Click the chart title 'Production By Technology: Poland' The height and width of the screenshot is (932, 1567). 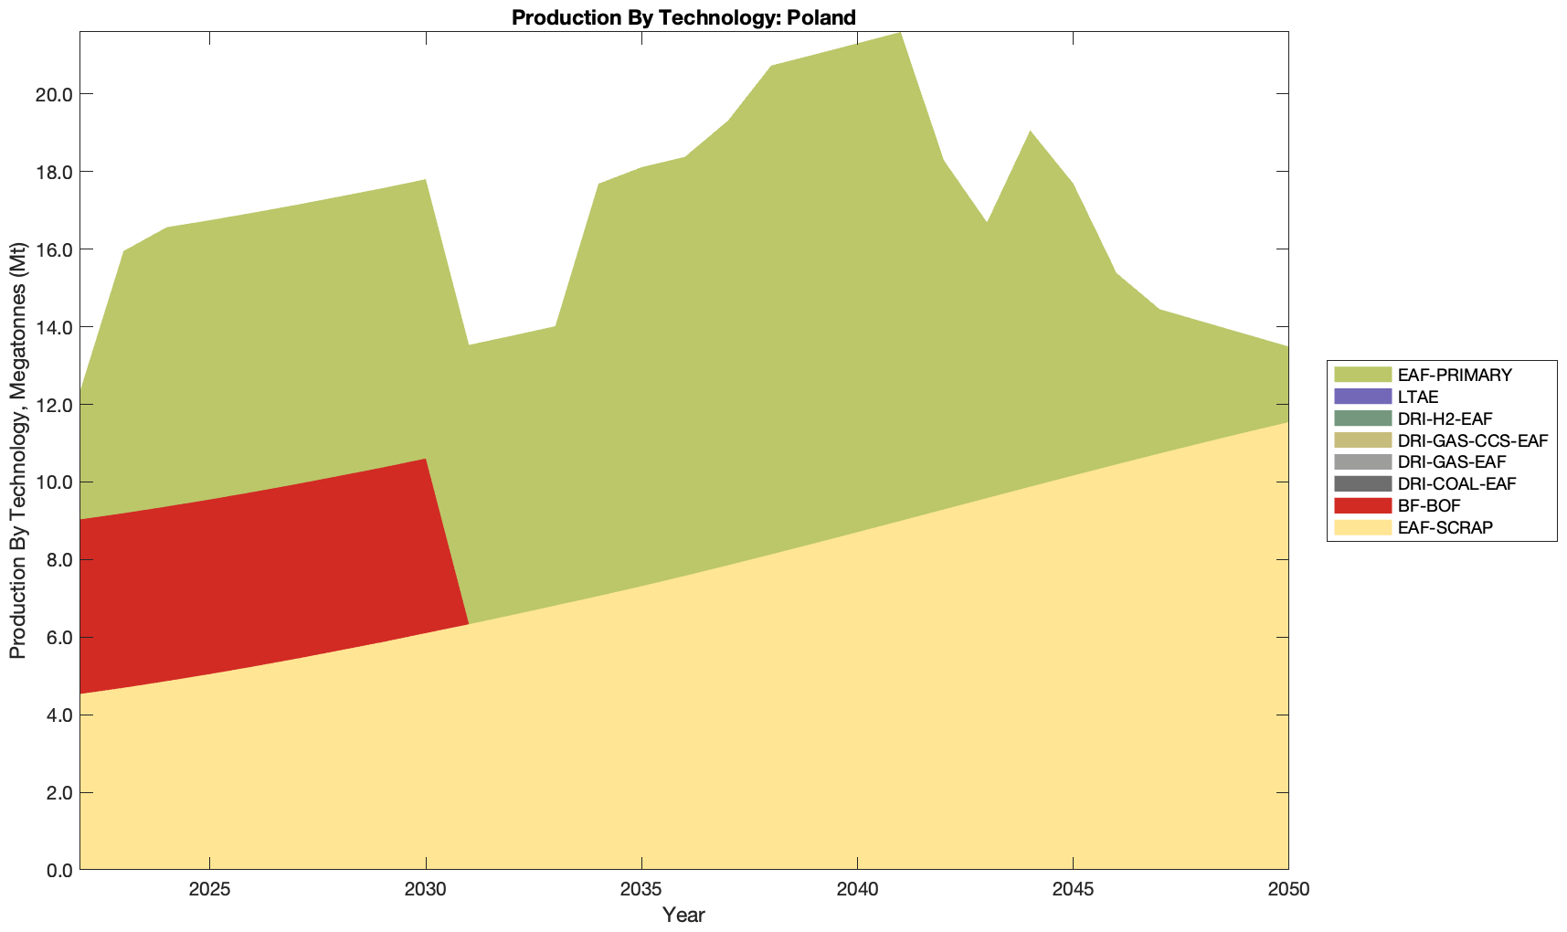pyautogui.click(x=683, y=16)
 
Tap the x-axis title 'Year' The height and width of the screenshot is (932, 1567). pyautogui.click(x=683, y=915)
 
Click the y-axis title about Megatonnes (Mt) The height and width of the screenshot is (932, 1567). pyautogui.click(x=18, y=450)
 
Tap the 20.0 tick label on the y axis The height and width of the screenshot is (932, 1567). pyautogui.click(x=54, y=94)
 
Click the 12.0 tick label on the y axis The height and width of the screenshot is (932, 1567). pyautogui.click(x=54, y=405)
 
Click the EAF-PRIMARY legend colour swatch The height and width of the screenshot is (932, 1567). pyautogui.click(x=1362, y=375)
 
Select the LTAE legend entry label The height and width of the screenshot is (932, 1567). pyautogui.click(x=1418, y=397)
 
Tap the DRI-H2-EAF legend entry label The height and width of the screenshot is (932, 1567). pyautogui.click(x=1445, y=418)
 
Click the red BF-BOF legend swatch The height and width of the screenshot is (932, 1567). pyautogui.click(x=1362, y=505)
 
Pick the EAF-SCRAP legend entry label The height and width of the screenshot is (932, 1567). pyautogui.click(x=1445, y=527)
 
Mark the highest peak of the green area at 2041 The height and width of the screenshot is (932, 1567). pyautogui.click(x=900, y=34)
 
